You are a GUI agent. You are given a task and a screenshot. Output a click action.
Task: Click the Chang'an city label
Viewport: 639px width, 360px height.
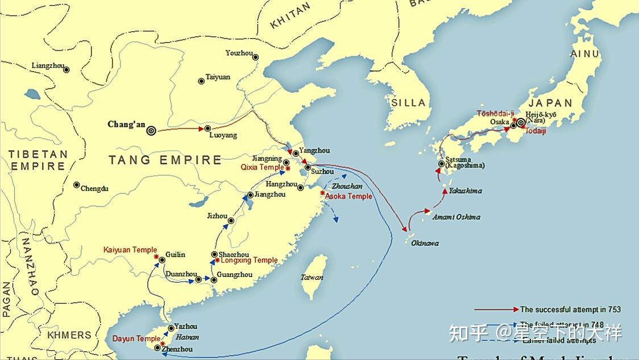126,125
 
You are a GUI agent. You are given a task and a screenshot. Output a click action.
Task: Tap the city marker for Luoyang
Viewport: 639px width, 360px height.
208,129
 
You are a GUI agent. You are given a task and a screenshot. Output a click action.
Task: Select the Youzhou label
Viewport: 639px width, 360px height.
238,53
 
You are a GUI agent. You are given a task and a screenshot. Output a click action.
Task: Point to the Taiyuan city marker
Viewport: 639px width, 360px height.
201,81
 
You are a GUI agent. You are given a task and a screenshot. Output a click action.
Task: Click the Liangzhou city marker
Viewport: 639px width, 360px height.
67,70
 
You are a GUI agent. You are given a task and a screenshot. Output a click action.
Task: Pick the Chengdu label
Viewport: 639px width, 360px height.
94,188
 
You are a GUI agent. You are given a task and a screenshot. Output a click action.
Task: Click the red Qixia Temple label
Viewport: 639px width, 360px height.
262,167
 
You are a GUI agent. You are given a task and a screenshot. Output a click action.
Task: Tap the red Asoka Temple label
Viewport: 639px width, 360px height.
348,196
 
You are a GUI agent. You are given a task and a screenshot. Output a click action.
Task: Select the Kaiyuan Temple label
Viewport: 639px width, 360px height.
130,250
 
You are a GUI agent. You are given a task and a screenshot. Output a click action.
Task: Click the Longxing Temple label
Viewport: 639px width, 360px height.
249,260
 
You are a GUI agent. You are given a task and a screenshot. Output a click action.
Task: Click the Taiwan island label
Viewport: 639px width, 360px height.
312,278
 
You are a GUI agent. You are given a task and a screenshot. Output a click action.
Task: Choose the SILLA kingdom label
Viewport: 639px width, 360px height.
408,103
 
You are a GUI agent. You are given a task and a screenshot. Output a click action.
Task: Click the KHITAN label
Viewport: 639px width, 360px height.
291,15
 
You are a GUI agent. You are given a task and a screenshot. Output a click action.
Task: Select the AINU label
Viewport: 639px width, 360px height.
585,54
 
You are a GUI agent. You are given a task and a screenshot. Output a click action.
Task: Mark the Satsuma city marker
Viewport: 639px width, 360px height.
441,164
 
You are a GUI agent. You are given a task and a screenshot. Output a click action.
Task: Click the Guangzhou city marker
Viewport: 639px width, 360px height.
214,280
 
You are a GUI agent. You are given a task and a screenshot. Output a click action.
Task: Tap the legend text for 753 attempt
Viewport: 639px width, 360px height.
570,310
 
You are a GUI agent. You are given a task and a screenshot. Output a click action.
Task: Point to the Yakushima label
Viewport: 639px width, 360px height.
465,191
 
